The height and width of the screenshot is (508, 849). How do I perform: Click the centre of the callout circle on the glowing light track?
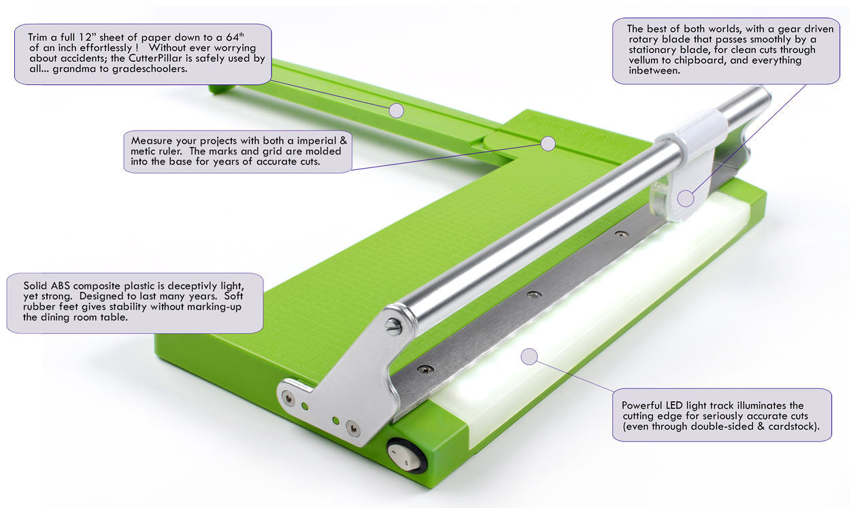529,356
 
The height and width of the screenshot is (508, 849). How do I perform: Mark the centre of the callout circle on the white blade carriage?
685,199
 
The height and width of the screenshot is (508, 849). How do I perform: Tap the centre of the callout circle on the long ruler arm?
396,111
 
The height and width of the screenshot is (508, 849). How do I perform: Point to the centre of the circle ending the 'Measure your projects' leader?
548,143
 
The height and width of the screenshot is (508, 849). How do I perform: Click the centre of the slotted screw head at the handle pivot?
393,326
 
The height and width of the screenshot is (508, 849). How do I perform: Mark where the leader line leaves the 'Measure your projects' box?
352,170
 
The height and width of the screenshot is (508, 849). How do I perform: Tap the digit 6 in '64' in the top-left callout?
229,37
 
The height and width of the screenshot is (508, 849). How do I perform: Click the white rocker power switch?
405,456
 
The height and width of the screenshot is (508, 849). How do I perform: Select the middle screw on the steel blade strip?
533,294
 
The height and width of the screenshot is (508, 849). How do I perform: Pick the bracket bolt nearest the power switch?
353,428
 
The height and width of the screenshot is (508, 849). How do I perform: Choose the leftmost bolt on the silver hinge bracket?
288,399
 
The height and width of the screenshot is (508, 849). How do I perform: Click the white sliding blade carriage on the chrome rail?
693,163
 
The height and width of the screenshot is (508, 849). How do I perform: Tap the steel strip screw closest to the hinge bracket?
425,368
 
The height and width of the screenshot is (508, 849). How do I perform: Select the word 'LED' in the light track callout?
675,405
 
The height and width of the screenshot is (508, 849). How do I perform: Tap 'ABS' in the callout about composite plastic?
61,286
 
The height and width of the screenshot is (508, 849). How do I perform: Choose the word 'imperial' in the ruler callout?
317,141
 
